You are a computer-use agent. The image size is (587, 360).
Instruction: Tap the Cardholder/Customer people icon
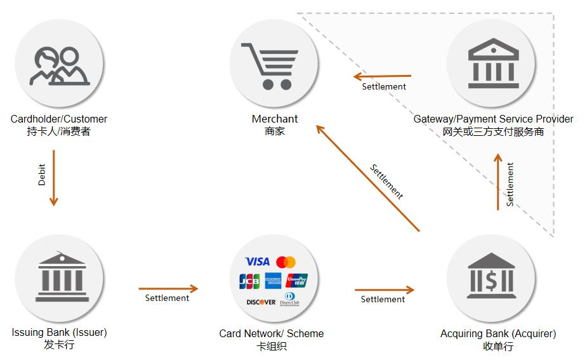click(60, 66)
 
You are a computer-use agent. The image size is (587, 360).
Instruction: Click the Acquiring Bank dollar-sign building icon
click(491, 277)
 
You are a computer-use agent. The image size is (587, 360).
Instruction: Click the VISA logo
click(258, 262)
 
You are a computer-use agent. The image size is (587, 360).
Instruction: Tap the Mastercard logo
click(286, 262)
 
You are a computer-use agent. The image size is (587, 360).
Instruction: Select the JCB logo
click(249, 281)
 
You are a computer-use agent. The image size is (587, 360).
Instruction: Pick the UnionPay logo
click(296, 281)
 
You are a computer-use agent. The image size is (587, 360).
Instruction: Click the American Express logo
click(274, 281)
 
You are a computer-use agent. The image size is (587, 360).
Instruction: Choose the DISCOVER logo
click(261, 302)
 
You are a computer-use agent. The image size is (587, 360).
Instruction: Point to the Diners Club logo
click(289, 300)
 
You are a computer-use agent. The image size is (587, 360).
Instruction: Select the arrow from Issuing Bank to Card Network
click(168, 289)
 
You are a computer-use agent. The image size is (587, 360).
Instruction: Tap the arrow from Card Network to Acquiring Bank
click(384, 290)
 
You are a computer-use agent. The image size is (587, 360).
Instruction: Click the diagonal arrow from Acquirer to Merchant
click(368, 178)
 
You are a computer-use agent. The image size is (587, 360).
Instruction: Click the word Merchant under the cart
click(275, 119)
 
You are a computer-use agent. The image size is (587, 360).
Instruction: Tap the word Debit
click(42, 175)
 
